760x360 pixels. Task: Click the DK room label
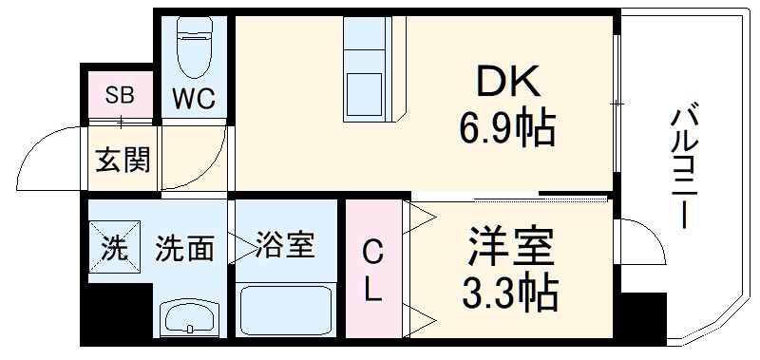tap(503, 84)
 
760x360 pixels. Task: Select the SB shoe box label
tap(120, 95)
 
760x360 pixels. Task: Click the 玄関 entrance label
tap(123, 161)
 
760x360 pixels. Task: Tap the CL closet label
tap(374, 272)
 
